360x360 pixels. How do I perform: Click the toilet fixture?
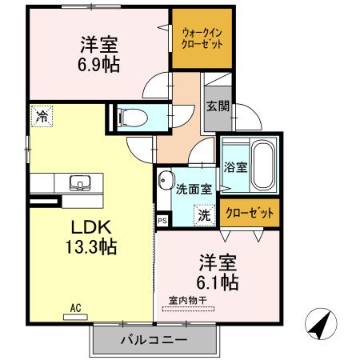coord(134,118)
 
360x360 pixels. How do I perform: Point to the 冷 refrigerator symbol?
coord(41,117)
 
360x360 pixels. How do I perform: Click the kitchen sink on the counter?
coord(80,183)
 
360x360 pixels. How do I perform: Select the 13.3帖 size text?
coord(90,246)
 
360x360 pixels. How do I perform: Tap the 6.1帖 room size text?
coord(217,282)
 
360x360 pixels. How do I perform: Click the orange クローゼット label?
coord(250,214)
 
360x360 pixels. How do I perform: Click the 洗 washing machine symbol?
coord(205,214)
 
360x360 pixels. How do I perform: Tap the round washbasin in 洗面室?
coord(166,179)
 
